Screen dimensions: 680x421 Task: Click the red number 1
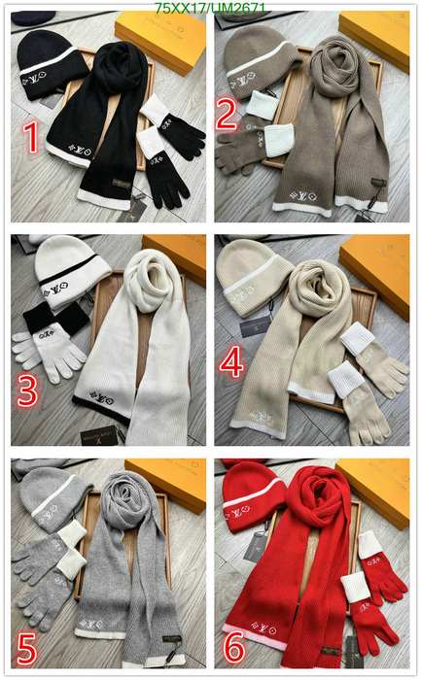coord(31,138)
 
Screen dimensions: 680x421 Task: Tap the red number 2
coord(227,114)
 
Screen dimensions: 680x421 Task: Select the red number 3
coord(26,391)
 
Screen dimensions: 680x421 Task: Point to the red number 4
coord(231,362)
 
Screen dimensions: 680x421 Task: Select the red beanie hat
coord(251,495)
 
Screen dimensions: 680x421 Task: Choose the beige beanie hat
coord(252,272)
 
